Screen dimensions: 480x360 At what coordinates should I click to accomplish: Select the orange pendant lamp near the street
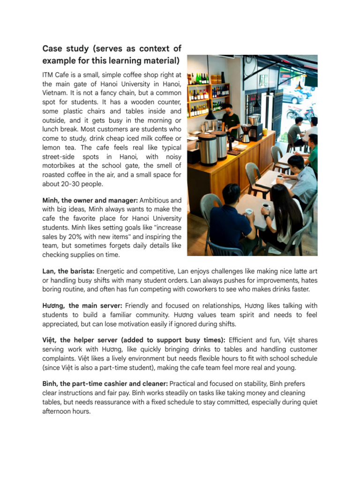pos(299,85)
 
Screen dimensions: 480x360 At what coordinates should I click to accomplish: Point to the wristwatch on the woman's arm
pos(267,217)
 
